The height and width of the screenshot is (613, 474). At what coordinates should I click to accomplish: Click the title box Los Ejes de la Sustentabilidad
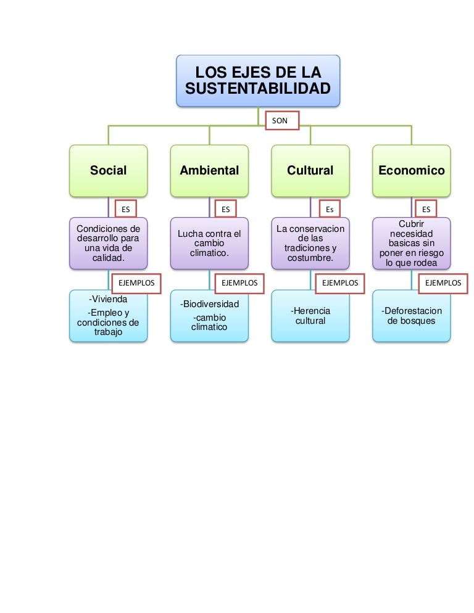click(x=258, y=81)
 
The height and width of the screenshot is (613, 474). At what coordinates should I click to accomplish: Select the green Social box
click(x=109, y=171)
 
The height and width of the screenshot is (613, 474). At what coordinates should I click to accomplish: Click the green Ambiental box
click(x=209, y=171)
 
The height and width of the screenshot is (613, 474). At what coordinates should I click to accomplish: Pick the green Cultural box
click(x=310, y=171)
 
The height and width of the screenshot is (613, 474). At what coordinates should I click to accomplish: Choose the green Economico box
click(x=412, y=171)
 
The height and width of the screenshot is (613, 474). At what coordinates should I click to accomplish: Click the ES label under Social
click(x=126, y=209)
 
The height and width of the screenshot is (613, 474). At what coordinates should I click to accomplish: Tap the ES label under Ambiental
click(x=226, y=209)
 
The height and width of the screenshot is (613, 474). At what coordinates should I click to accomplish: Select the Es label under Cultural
click(x=330, y=209)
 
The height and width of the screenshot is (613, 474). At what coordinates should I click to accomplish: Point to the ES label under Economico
click(x=426, y=209)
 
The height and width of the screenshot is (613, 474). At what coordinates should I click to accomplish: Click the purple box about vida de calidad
click(x=109, y=243)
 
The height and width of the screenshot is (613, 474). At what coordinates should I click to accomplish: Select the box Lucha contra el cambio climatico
click(x=209, y=243)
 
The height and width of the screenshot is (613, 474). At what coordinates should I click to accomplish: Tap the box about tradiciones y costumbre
click(x=310, y=243)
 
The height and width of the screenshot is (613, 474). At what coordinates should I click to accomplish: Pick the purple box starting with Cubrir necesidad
click(x=412, y=243)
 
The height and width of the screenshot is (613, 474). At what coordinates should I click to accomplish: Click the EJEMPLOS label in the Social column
click(x=136, y=283)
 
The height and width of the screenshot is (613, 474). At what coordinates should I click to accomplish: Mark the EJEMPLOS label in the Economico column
click(x=443, y=283)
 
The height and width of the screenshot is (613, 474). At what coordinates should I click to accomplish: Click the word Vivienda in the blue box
click(x=109, y=299)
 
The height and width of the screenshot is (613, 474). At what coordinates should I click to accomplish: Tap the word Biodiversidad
click(x=210, y=304)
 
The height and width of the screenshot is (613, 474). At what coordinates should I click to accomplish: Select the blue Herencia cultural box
click(x=310, y=316)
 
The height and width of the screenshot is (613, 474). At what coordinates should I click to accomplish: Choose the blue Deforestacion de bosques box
click(x=412, y=316)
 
